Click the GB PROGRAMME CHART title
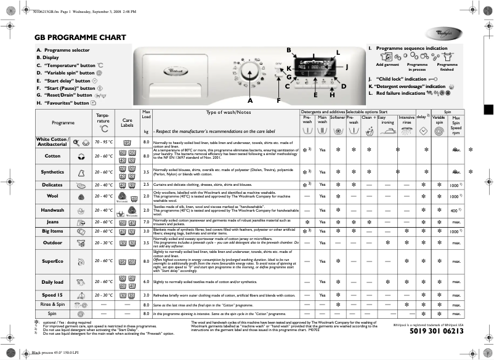(x=76, y=38)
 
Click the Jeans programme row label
(x=52, y=222)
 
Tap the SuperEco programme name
(x=52, y=261)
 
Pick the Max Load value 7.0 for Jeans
(x=146, y=222)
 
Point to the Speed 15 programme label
(x=52, y=295)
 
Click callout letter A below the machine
(x=250, y=100)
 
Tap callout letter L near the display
(x=338, y=52)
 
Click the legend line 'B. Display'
(x=48, y=57)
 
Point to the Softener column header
(x=337, y=117)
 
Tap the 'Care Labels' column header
(x=128, y=122)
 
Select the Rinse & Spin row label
(x=52, y=305)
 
